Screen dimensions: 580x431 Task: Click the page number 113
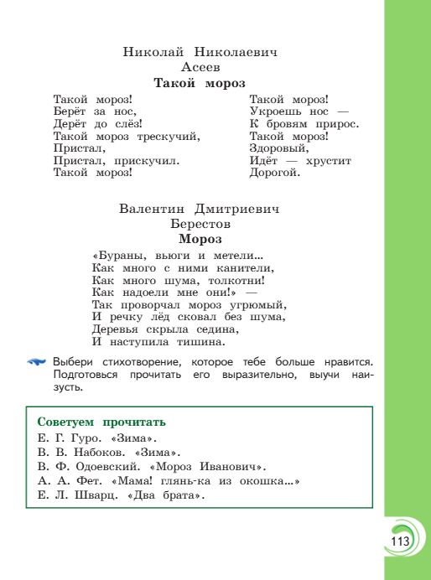tap(399, 541)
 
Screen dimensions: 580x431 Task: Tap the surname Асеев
tap(200, 67)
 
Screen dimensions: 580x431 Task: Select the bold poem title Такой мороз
tap(200, 83)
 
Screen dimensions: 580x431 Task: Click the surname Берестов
tap(200, 224)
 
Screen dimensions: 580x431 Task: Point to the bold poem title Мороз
tap(200, 239)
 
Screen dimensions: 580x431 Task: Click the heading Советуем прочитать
tap(102, 421)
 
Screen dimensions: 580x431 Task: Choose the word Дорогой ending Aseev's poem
tap(274, 173)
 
